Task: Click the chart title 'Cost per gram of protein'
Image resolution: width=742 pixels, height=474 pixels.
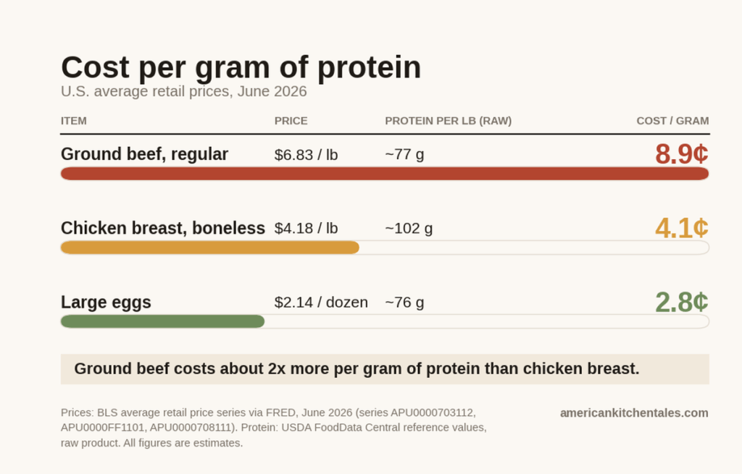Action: click(241, 67)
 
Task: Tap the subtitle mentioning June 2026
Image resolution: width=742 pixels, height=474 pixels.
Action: click(183, 91)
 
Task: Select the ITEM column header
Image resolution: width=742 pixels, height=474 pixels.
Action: click(74, 121)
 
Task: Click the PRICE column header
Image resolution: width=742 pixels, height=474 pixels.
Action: click(291, 121)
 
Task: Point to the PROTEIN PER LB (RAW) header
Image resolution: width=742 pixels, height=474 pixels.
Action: click(448, 121)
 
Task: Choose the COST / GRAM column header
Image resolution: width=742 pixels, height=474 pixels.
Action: click(672, 121)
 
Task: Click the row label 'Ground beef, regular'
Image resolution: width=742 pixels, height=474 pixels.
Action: click(144, 155)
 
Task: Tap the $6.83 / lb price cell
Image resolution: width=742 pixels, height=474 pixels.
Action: click(307, 155)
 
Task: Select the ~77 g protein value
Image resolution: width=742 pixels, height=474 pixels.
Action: click(404, 155)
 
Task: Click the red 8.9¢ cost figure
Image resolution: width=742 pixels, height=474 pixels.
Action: click(682, 154)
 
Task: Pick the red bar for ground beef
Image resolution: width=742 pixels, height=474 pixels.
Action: click(385, 174)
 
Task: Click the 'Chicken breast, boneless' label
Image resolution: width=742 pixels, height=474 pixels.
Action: click(163, 228)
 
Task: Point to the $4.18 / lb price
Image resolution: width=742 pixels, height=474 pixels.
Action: click(307, 229)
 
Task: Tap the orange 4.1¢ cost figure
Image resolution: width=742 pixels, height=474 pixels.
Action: click(682, 228)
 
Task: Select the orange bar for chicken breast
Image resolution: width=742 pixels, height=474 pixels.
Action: click(210, 247)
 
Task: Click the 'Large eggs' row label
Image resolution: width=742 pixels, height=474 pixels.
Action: click(106, 302)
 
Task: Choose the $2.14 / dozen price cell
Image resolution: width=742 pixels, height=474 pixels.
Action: click(321, 302)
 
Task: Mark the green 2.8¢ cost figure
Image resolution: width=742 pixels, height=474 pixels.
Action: click(682, 302)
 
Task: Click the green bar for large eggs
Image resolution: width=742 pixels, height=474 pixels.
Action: click(163, 321)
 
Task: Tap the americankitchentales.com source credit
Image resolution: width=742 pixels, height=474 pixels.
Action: click(634, 413)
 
